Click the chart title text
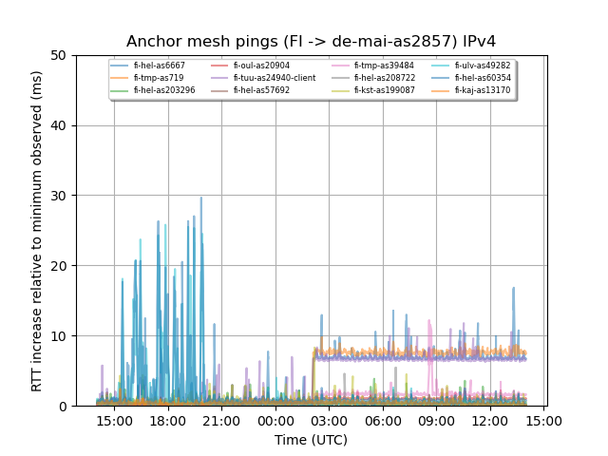[x=311, y=42]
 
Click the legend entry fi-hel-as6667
[x=159, y=66]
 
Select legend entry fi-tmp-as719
[x=156, y=78]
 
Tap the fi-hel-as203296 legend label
[x=163, y=90]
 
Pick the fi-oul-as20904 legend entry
[x=261, y=66]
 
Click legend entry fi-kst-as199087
[x=384, y=90]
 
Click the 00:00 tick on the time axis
[x=275, y=421]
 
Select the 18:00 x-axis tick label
[x=168, y=421]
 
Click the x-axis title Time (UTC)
[x=311, y=440]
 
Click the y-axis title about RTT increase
[x=37, y=231]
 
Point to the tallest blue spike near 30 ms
[x=200, y=199]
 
